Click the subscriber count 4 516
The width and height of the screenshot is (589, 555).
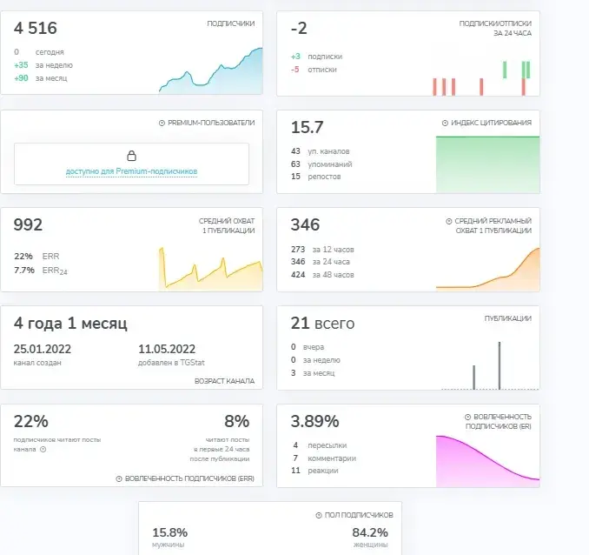(x=36, y=28)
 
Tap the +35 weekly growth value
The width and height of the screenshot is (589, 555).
(x=21, y=65)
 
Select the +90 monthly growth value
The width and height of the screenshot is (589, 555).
(x=21, y=78)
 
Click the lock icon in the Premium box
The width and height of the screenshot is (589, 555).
(x=131, y=156)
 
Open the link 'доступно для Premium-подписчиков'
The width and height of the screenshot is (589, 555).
(x=131, y=171)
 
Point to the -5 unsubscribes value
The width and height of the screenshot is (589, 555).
(x=295, y=70)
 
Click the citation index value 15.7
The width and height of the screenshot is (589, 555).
(x=307, y=127)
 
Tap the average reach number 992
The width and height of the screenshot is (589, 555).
(x=28, y=224)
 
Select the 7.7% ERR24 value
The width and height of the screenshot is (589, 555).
(x=24, y=271)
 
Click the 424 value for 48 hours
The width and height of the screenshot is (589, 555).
(x=298, y=275)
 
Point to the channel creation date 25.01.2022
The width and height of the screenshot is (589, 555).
(x=43, y=349)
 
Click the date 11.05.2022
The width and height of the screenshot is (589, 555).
(x=167, y=349)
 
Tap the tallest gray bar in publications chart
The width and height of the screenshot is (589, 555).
(x=500, y=365)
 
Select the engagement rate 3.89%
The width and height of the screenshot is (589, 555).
(x=314, y=421)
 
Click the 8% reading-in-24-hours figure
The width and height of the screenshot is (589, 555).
(x=236, y=421)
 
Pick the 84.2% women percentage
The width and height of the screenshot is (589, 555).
(x=370, y=532)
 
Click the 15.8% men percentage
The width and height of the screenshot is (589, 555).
(x=169, y=532)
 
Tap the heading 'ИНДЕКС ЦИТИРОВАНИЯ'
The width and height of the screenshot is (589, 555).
(x=491, y=123)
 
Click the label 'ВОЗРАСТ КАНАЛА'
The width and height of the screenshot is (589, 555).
(x=224, y=381)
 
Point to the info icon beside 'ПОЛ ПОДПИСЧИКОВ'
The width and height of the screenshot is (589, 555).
(x=319, y=515)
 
